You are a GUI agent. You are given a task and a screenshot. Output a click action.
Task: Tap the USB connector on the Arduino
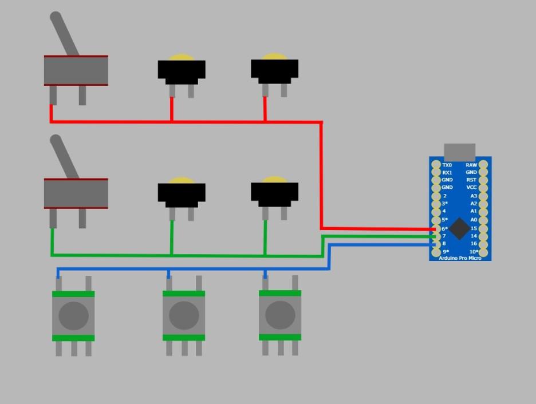click(459, 152)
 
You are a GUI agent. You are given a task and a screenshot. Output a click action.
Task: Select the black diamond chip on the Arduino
click(459, 228)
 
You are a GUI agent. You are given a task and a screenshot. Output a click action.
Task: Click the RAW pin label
click(471, 165)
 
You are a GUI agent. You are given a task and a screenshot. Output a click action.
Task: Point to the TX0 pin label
click(447, 165)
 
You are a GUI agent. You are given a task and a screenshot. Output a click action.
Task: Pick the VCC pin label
click(471, 187)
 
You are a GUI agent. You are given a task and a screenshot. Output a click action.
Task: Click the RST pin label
click(471, 180)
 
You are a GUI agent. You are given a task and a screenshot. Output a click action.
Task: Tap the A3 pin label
click(473, 196)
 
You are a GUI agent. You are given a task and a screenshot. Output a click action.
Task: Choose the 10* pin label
click(474, 252)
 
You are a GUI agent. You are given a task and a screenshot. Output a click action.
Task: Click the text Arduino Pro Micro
click(460, 258)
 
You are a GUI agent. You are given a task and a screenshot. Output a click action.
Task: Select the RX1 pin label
click(447, 172)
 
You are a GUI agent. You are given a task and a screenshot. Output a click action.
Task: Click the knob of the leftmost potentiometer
click(73, 315)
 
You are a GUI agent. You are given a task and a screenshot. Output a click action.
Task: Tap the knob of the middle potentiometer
click(184, 315)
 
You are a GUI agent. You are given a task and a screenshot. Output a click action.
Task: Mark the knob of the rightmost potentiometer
click(280, 315)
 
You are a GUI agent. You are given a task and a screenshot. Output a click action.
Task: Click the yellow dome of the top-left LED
click(182, 58)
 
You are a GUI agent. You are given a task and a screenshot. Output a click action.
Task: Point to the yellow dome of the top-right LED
click(274, 57)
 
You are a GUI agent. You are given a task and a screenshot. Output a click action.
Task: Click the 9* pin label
click(446, 252)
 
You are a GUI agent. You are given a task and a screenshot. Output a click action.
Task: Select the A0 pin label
click(473, 220)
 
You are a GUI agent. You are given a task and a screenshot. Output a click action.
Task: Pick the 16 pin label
click(473, 244)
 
